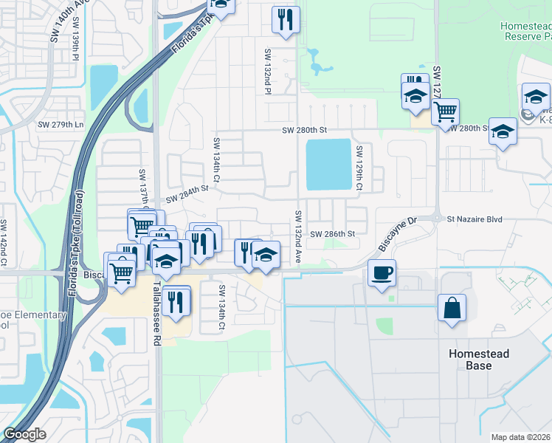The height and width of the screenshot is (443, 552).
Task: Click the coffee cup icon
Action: (382, 272)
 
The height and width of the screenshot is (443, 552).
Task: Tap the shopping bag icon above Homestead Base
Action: (452, 307)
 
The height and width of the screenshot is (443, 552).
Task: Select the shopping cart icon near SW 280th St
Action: (445, 111)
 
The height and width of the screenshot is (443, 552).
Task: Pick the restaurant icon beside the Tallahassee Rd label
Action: (175, 301)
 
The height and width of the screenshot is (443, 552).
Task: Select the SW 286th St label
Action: (333, 234)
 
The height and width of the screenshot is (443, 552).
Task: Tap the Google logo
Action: (24, 434)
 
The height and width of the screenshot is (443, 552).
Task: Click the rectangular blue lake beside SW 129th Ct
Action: (328, 164)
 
